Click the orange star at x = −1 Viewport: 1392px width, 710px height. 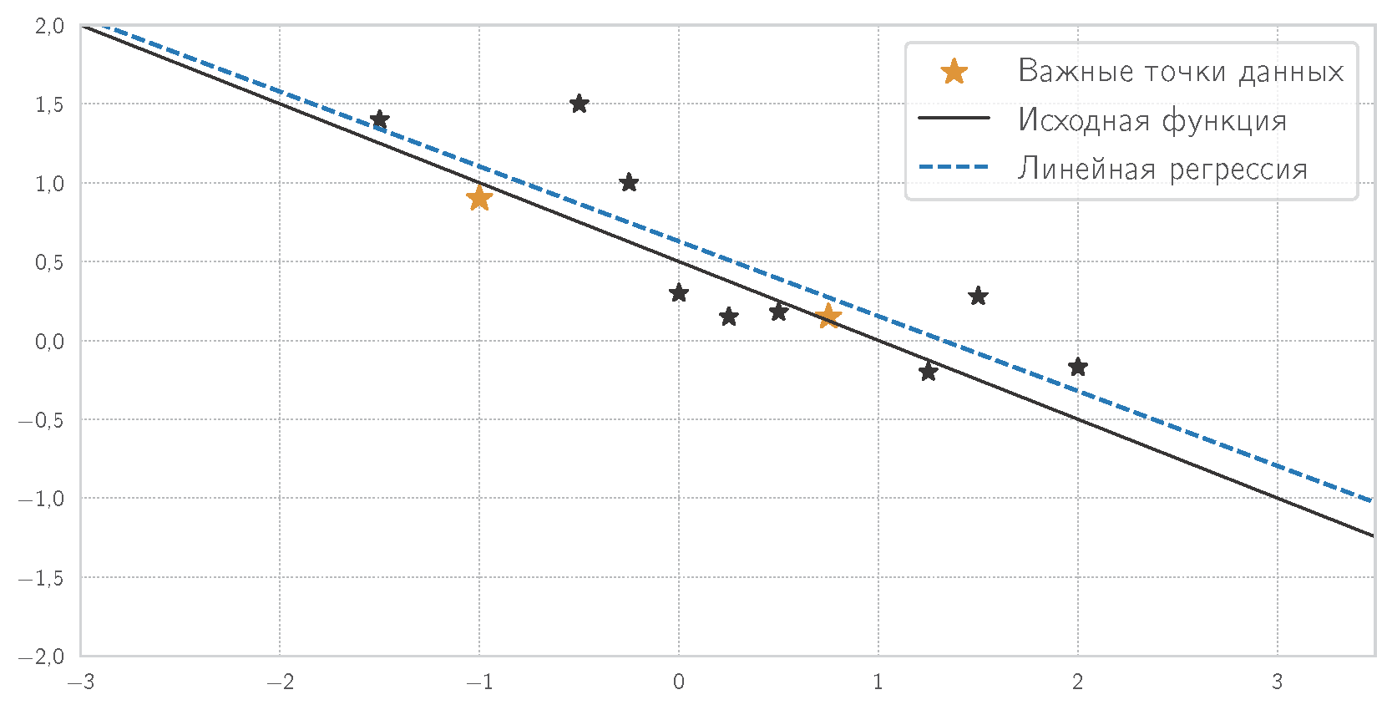pyautogui.click(x=479, y=198)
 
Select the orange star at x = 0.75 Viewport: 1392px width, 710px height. pyautogui.click(x=828, y=316)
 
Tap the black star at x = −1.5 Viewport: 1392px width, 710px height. pyautogui.click(x=380, y=119)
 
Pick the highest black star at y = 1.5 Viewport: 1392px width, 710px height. pyautogui.click(x=580, y=104)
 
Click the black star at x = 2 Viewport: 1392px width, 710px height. pyautogui.click(x=1078, y=367)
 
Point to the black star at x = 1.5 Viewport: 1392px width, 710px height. pyautogui.click(x=978, y=297)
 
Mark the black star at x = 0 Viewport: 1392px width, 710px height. pyautogui.click(x=679, y=293)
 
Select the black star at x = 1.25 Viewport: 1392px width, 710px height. pyautogui.click(x=928, y=372)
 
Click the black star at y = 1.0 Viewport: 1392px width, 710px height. pyautogui.click(x=630, y=183)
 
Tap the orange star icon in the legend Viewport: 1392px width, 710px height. pyautogui.click(x=954, y=72)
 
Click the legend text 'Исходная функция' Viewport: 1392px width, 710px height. pyautogui.click(x=1152, y=120)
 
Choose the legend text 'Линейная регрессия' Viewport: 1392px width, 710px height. pyautogui.click(x=1162, y=169)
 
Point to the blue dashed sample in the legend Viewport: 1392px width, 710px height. pyautogui.click(x=954, y=168)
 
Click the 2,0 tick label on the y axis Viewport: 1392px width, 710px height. pyautogui.click(x=49, y=26)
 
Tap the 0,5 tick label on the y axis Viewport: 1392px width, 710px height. pyautogui.click(x=49, y=262)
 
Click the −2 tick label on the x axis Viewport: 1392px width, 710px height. pyautogui.click(x=279, y=682)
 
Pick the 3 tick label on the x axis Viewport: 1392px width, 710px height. pyautogui.click(x=1277, y=682)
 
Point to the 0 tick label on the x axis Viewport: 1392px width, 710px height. pyautogui.click(x=679, y=682)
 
